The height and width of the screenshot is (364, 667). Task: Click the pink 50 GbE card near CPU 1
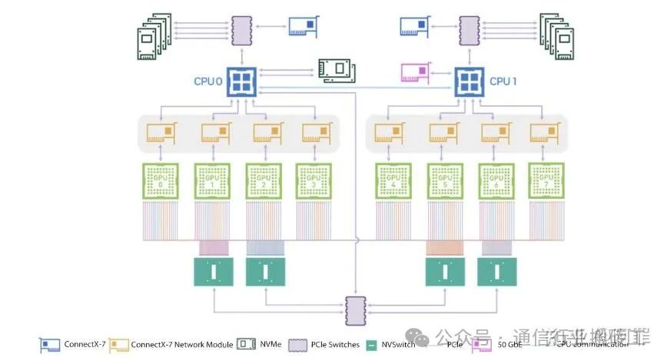coord(414,74)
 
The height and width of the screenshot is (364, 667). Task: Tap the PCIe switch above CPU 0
coord(242,31)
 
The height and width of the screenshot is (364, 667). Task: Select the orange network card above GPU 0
coord(164,132)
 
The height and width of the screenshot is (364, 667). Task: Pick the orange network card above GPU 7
coord(544,132)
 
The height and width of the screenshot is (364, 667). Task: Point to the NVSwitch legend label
coord(398,344)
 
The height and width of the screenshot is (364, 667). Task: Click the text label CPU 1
coord(505,80)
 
